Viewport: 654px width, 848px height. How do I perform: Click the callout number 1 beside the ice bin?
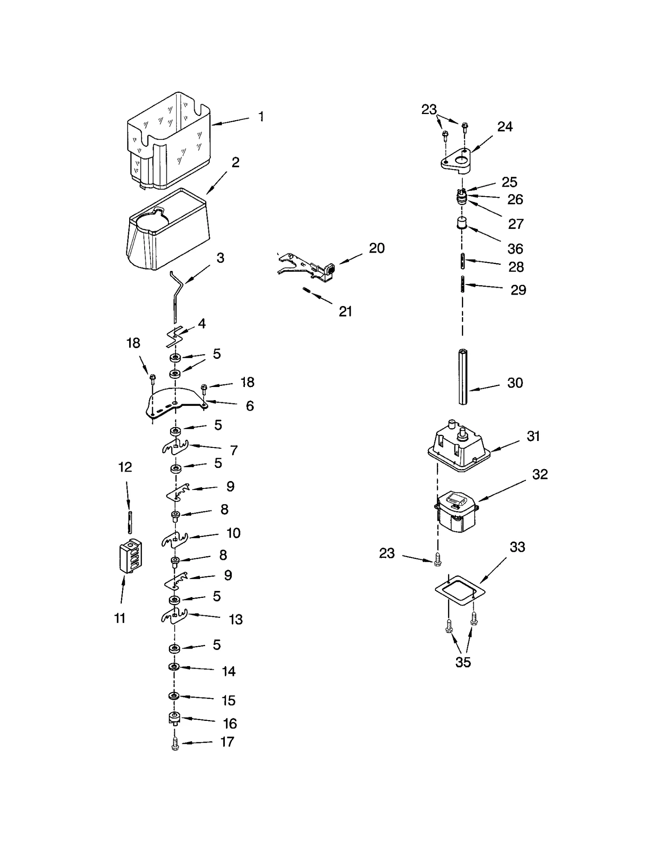[261, 117]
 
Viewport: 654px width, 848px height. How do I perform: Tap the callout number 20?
[376, 248]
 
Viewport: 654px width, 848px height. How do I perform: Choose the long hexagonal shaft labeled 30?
[463, 376]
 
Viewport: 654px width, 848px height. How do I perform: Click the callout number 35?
[463, 662]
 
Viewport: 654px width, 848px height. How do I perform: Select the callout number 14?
[228, 671]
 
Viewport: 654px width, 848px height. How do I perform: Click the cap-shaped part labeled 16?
[175, 718]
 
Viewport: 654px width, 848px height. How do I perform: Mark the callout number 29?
[518, 290]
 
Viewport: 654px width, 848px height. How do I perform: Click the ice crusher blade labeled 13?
[174, 617]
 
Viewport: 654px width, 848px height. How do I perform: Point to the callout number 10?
[233, 533]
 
